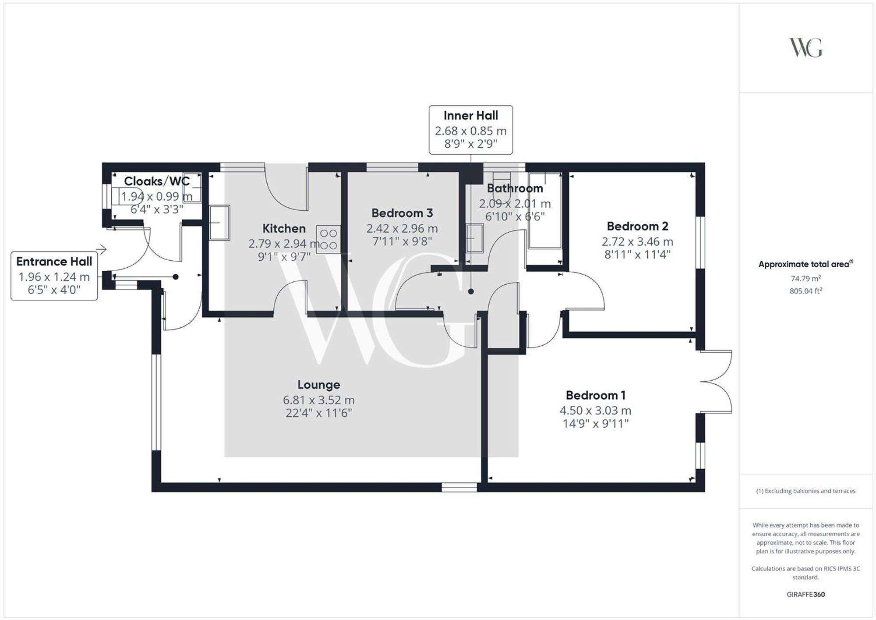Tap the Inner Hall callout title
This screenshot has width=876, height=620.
[470, 116]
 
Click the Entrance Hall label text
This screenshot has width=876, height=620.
[54, 262]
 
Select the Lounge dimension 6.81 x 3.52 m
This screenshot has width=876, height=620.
[318, 400]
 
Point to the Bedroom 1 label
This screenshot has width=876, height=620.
[595, 395]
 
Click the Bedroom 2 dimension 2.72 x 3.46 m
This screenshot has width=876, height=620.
[637, 241]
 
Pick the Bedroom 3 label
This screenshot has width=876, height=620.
[402, 213]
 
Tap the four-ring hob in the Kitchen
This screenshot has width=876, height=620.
[328, 239]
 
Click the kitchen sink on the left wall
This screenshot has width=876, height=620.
[219, 223]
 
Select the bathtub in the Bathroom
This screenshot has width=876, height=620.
[544, 210]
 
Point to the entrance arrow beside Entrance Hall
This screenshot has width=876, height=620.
[101, 250]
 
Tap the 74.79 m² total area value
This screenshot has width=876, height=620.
[805, 278]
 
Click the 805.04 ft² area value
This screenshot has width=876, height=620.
[805, 291]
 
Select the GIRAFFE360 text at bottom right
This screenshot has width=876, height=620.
[805, 595]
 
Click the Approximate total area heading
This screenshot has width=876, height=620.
[805, 264]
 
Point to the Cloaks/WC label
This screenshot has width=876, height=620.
[156, 181]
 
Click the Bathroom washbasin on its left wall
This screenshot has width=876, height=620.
[474, 238]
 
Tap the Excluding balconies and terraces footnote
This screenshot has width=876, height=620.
[805, 491]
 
